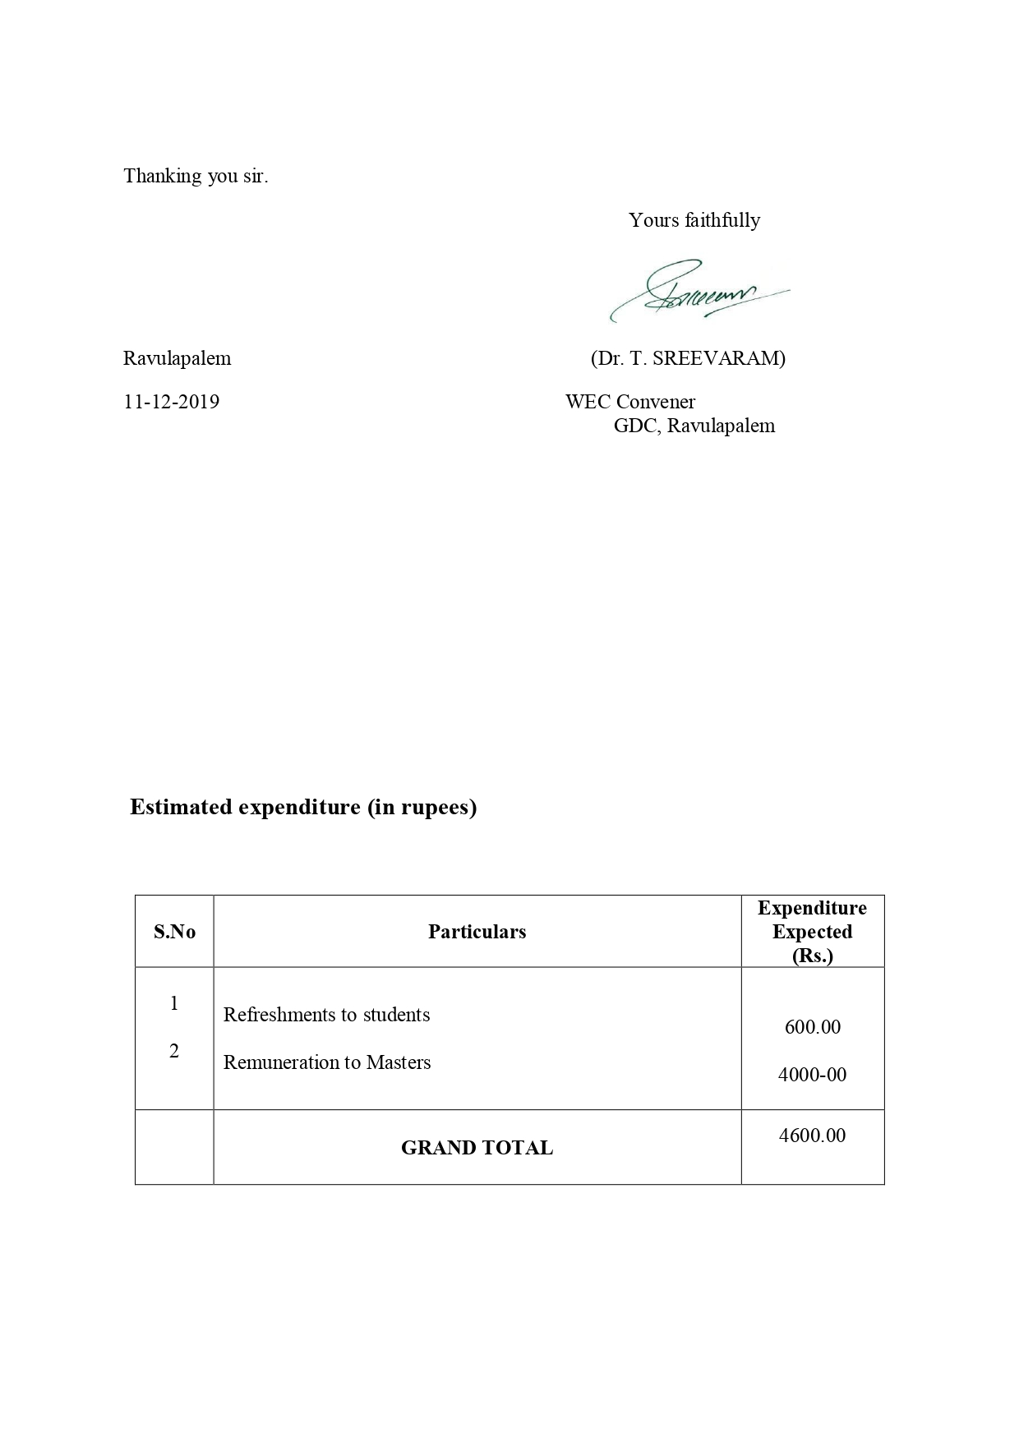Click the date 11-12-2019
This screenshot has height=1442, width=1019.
[x=171, y=402]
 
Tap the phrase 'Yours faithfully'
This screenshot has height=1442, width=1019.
[x=694, y=220]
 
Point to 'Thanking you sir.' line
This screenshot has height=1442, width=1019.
[x=196, y=176]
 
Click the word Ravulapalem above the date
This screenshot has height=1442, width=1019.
[x=177, y=358]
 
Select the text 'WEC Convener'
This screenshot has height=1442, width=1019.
[x=629, y=402]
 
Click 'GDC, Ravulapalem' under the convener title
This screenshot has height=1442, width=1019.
[x=694, y=426]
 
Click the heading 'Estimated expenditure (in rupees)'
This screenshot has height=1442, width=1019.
[x=303, y=807]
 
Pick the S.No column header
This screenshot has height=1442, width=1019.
[x=174, y=932]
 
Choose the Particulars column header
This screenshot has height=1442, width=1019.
[x=477, y=932]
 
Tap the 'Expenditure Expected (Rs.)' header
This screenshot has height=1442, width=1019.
[x=812, y=932]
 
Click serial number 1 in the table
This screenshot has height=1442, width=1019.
[x=174, y=1003]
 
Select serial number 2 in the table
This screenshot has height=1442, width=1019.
[x=174, y=1052]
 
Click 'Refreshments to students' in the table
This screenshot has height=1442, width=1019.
[x=326, y=1015]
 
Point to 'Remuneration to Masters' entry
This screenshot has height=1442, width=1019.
[x=327, y=1062]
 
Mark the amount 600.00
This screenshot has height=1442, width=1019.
[x=812, y=1027]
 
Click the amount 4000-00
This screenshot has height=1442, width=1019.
[x=812, y=1075]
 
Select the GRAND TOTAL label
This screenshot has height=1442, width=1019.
[x=477, y=1148]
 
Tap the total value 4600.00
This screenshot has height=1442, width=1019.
[x=812, y=1136]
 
